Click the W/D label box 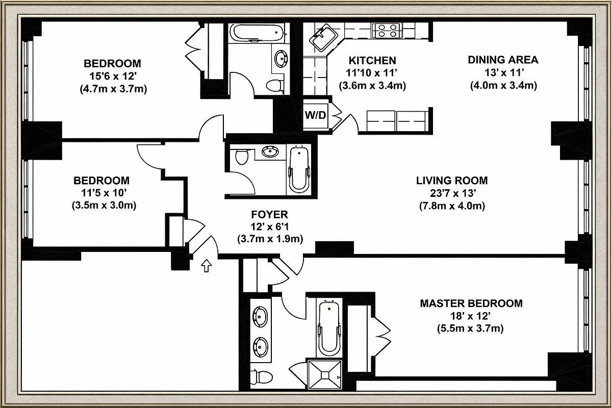tap(315, 115)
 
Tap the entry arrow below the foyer tap(207, 265)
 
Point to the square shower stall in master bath tap(324, 375)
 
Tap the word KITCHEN tap(372, 61)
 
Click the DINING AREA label tap(503, 60)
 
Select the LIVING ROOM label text tap(451, 181)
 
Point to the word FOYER tap(270, 214)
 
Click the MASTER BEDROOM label tap(471, 303)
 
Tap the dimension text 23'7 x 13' tap(451, 193)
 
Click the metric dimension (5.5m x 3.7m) tap(471, 329)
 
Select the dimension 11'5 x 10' tap(101, 193)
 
